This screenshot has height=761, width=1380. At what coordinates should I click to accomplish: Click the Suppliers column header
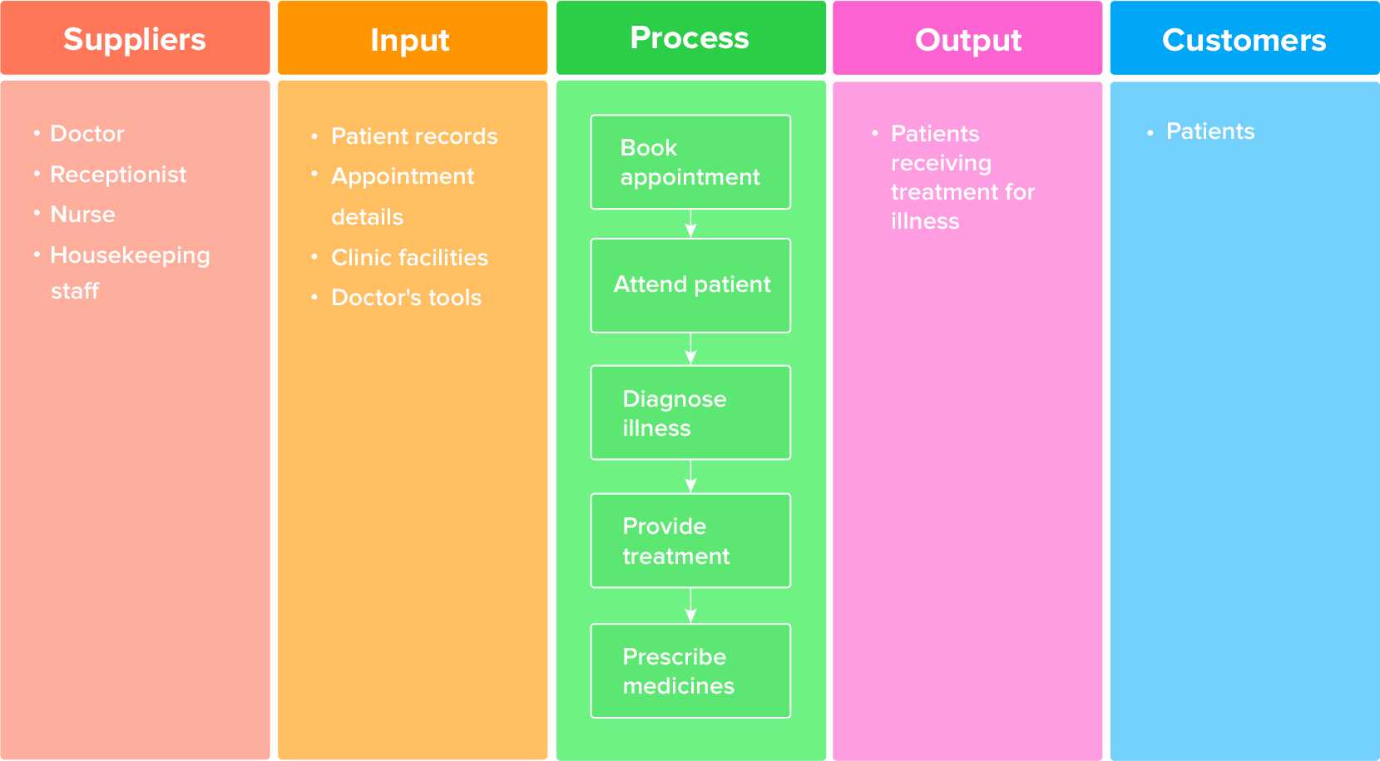pyautogui.click(x=135, y=39)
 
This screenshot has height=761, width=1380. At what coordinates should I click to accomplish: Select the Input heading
pyautogui.click(x=410, y=40)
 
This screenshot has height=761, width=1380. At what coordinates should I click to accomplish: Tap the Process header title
pyautogui.click(x=690, y=37)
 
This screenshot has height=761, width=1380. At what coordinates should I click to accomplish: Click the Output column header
pyautogui.click(x=968, y=40)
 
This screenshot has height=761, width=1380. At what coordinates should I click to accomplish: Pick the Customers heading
pyautogui.click(x=1244, y=40)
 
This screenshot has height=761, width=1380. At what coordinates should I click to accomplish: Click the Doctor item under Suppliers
pyautogui.click(x=87, y=133)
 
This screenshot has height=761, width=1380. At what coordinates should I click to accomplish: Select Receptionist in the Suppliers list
pyautogui.click(x=118, y=174)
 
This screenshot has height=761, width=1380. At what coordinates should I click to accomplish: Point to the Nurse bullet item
pyautogui.click(x=82, y=214)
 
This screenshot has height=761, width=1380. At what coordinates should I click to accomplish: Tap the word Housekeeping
pyautogui.click(x=130, y=255)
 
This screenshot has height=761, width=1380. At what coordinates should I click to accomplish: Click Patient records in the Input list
pyautogui.click(x=414, y=136)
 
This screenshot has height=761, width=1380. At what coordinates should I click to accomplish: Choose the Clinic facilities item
pyautogui.click(x=409, y=257)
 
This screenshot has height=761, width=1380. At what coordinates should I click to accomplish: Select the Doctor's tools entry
pyautogui.click(x=406, y=297)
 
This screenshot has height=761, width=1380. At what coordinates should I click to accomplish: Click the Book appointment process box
pyautogui.click(x=690, y=162)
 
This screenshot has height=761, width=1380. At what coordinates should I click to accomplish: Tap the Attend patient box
pyautogui.click(x=690, y=285)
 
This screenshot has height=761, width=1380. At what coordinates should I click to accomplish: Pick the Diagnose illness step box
pyautogui.click(x=690, y=413)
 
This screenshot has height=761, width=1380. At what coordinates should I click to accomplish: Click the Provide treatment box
pyautogui.click(x=690, y=541)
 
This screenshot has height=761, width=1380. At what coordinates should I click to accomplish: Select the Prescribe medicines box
pyautogui.click(x=690, y=671)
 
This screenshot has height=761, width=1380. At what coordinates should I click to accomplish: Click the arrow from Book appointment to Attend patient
pyautogui.click(x=690, y=224)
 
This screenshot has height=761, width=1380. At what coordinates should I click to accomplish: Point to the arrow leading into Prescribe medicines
pyautogui.click(x=690, y=605)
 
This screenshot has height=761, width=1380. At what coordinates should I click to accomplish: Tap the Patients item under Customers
pyautogui.click(x=1209, y=131)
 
